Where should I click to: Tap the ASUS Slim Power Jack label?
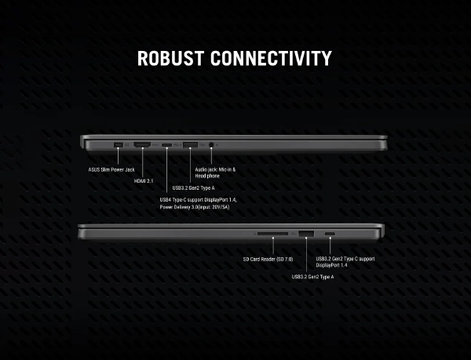(x=111, y=169)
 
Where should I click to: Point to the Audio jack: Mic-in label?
(x=215, y=169)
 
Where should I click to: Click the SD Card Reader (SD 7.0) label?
(x=267, y=259)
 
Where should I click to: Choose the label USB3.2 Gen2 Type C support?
(x=345, y=259)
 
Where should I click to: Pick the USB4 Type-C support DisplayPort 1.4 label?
(x=199, y=200)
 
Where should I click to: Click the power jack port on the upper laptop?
(x=119, y=145)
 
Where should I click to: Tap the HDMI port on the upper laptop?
(x=142, y=145)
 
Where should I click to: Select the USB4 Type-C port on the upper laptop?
(x=167, y=145)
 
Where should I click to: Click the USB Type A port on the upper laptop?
(x=190, y=145)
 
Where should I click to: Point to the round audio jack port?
(x=213, y=145)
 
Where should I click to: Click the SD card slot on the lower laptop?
(x=272, y=234)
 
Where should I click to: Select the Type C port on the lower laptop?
(x=330, y=235)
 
